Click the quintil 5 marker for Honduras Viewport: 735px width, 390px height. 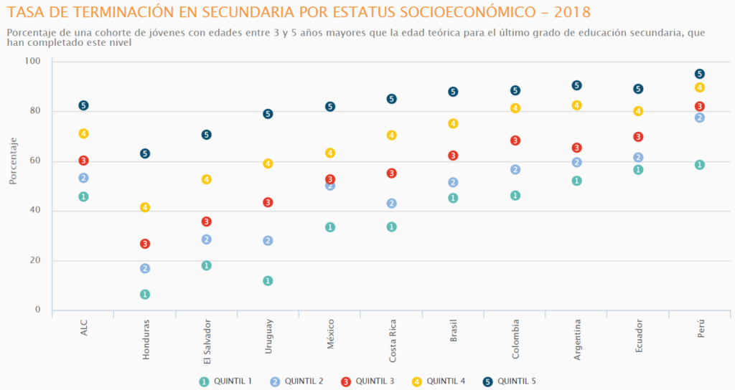coord(145,153)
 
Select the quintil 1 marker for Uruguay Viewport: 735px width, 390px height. coord(268,280)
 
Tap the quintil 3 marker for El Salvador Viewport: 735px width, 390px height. coord(207,222)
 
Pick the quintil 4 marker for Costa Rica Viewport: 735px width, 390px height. coord(392,135)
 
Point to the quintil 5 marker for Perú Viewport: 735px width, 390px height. coord(700,74)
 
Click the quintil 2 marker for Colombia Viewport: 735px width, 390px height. coord(515,170)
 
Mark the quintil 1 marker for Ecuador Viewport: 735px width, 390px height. coord(638,170)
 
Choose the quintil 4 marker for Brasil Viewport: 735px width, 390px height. coord(454,123)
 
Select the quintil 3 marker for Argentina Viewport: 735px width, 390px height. coord(576,148)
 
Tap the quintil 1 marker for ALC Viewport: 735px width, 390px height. coord(83,196)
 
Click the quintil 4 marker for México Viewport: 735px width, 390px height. coord(330,153)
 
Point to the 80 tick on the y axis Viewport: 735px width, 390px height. coord(35,111)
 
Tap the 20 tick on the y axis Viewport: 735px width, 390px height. coord(35,260)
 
